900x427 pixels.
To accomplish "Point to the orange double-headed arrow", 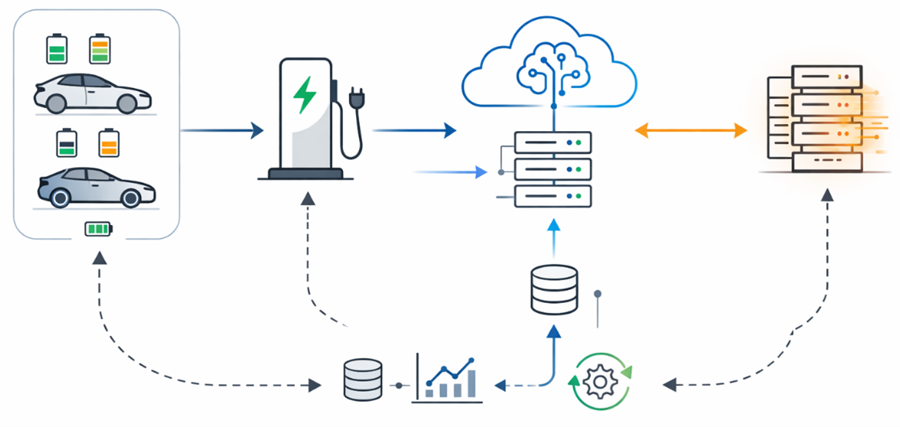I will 691,130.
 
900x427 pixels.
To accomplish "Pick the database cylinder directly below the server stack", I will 554,289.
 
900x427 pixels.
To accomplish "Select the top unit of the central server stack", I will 552,143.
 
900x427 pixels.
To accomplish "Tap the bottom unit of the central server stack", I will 552,196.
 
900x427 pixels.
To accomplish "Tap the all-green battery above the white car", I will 57,49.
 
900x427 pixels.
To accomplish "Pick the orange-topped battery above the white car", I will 100,49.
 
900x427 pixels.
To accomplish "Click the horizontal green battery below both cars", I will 98,229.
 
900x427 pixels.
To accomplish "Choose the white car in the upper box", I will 92,94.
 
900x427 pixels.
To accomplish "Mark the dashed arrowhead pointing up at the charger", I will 307,199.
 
